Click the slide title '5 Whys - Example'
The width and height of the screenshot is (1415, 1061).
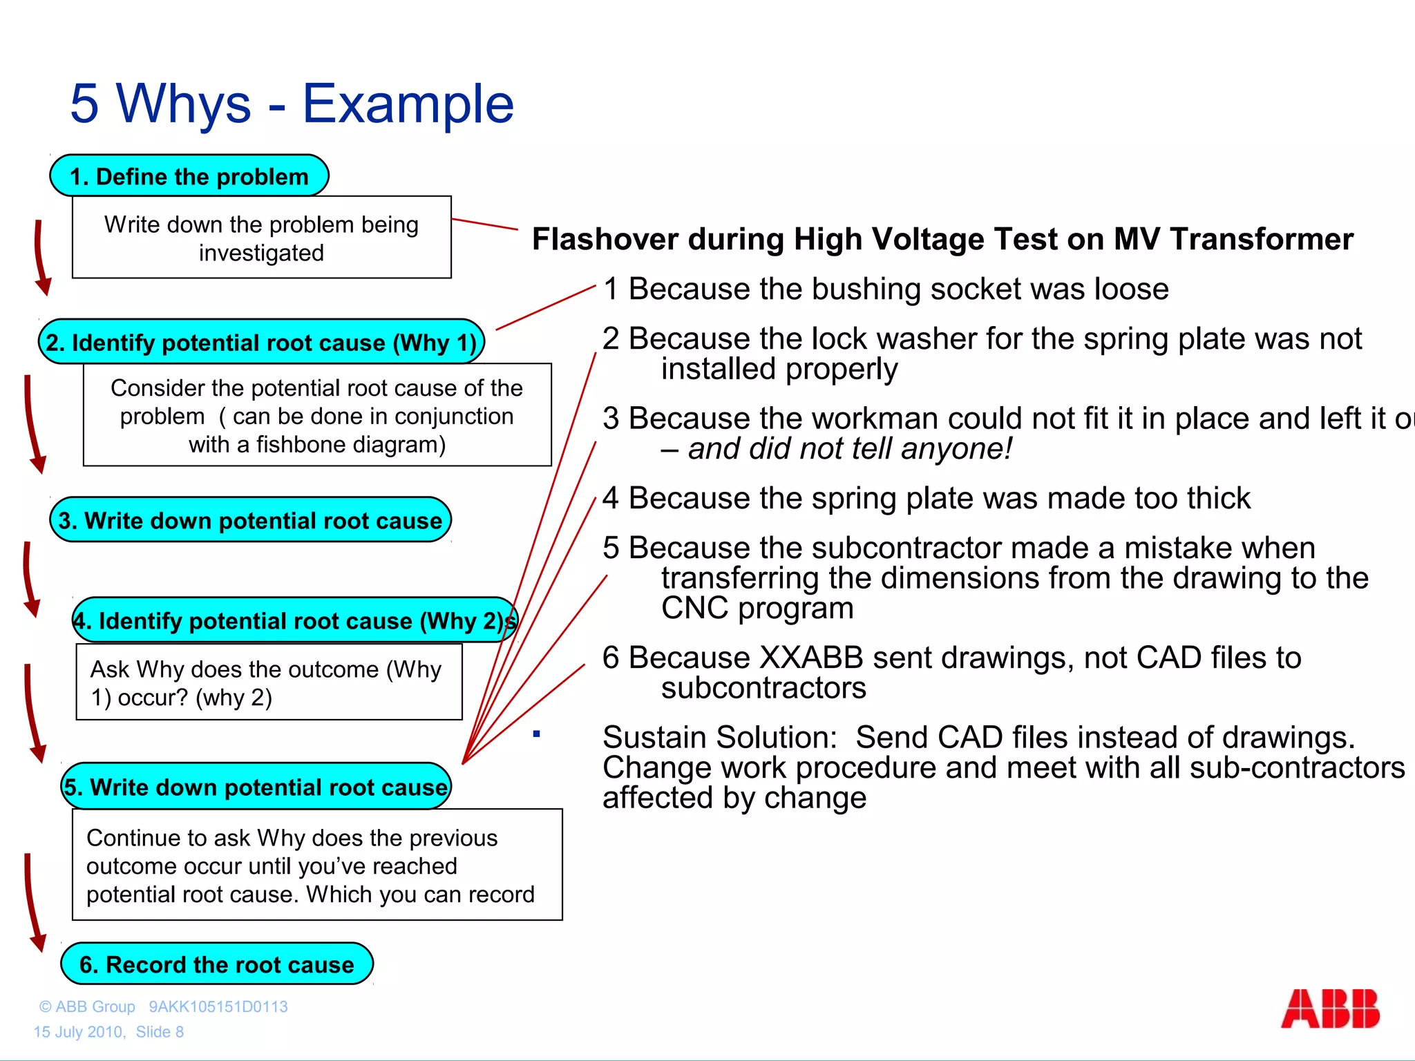(x=292, y=104)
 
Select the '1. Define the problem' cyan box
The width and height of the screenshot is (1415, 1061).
(x=189, y=176)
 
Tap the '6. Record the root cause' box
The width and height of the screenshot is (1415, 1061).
(x=216, y=964)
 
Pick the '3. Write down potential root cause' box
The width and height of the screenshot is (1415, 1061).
(x=250, y=520)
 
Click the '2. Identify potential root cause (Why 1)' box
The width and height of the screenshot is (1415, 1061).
(x=261, y=342)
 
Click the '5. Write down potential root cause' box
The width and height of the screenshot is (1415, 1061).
(x=256, y=787)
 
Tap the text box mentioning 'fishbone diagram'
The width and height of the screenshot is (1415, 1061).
(x=317, y=415)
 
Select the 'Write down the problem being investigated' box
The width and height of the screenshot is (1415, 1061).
(x=261, y=238)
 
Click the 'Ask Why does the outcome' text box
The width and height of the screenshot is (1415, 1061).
(x=268, y=682)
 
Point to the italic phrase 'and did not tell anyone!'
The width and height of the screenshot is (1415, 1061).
(x=849, y=449)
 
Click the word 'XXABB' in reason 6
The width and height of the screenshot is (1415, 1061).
(x=810, y=658)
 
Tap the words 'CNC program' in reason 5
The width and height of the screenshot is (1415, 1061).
(x=757, y=609)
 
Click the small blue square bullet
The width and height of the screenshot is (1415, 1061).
(x=536, y=734)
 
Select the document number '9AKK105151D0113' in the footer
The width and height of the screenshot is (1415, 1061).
(x=218, y=1006)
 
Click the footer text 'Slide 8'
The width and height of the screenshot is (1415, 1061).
(x=160, y=1031)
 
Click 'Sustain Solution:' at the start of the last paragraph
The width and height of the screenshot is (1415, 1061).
(x=719, y=738)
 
